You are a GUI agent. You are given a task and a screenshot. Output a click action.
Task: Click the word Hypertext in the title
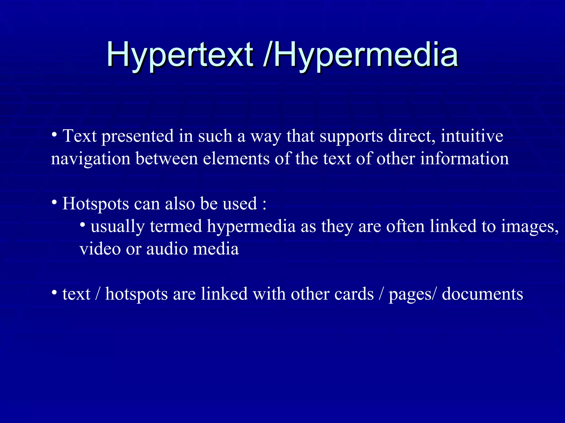pyautogui.click(x=180, y=55)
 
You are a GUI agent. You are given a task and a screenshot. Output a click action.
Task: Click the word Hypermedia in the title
pyautogui.click(x=366, y=55)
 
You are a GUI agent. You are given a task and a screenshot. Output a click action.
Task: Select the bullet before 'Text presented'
pyautogui.click(x=54, y=135)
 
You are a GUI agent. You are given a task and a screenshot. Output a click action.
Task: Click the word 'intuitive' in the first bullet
pyautogui.click(x=472, y=136)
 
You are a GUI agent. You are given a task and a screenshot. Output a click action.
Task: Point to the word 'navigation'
pyautogui.click(x=90, y=159)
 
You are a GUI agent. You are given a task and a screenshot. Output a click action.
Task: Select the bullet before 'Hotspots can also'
pyautogui.click(x=54, y=203)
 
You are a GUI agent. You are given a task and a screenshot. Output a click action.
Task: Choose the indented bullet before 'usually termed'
pyautogui.click(x=82, y=225)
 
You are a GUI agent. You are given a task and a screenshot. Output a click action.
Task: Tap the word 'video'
pyautogui.click(x=100, y=249)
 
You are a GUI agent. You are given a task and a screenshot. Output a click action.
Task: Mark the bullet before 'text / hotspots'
pyautogui.click(x=54, y=292)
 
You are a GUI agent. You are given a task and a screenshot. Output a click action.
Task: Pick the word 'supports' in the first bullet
pyautogui.click(x=351, y=137)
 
